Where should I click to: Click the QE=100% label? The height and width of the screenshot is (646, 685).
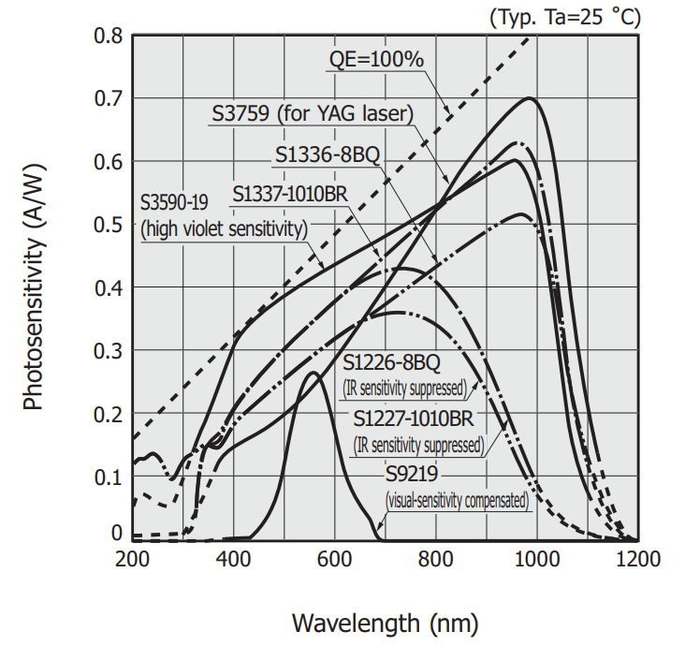click(377, 60)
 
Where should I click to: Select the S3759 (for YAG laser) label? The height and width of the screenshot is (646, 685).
click(313, 114)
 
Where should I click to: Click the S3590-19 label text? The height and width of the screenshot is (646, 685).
click(176, 200)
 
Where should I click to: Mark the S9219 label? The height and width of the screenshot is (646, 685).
click(415, 472)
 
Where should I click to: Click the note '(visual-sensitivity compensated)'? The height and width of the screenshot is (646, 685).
click(459, 502)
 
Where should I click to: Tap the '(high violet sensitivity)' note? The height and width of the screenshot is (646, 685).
click(224, 227)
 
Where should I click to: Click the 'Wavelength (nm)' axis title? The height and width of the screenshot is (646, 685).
click(385, 622)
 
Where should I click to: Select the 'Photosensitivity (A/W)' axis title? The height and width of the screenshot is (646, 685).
click(34, 286)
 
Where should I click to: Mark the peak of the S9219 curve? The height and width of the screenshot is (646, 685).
click(313, 374)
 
